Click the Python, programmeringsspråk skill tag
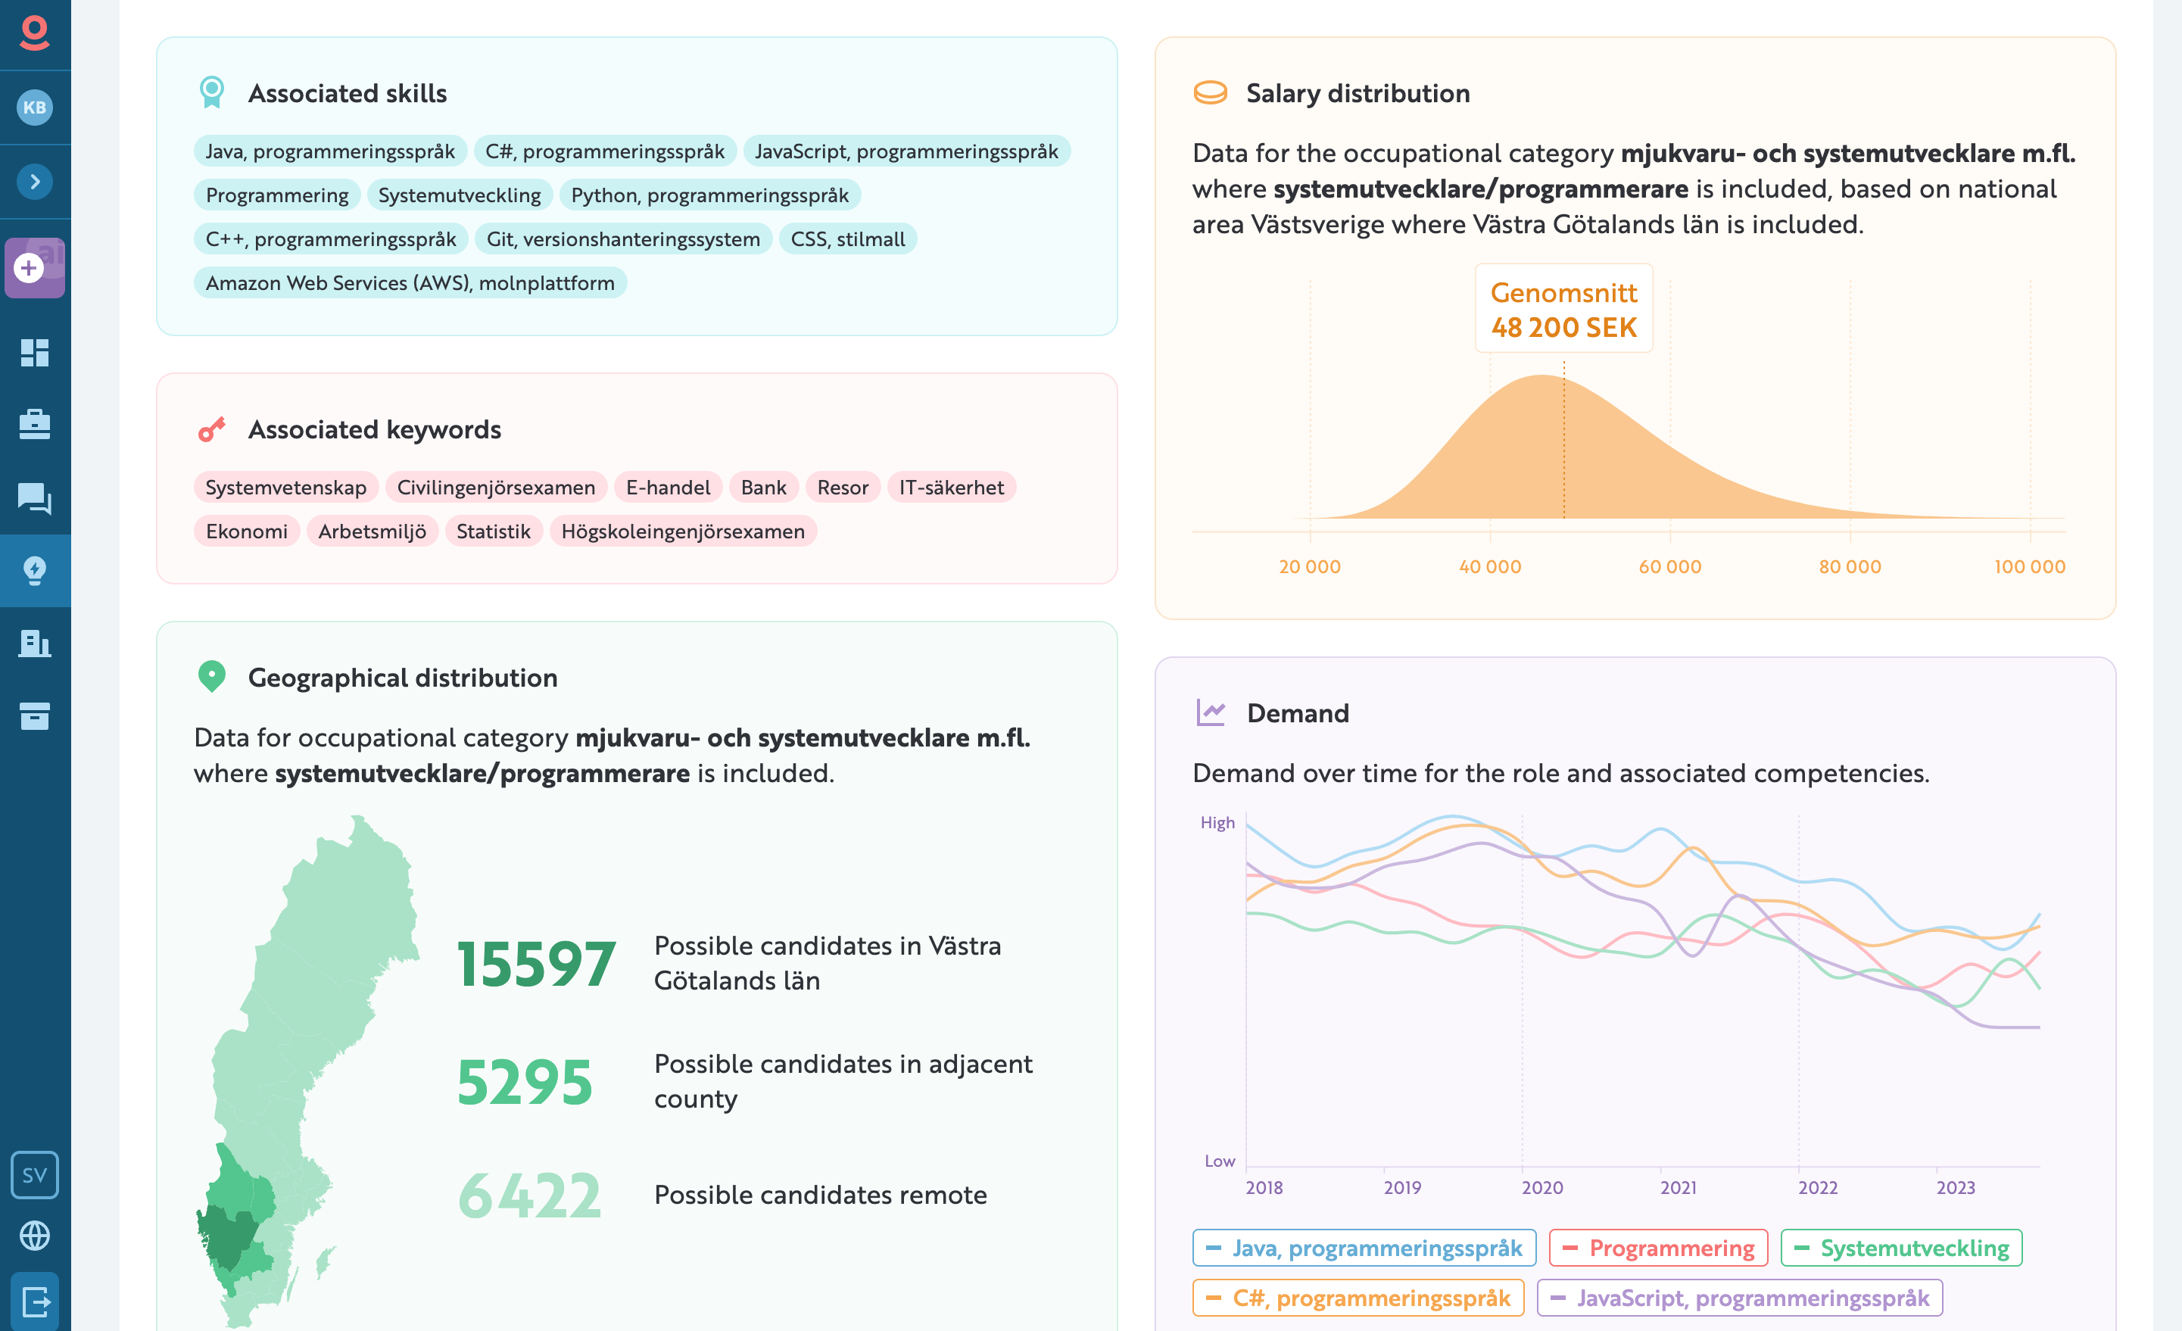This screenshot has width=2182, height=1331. tap(709, 195)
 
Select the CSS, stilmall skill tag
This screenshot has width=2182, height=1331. tap(847, 239)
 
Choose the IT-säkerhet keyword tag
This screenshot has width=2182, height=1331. tap(951, 487)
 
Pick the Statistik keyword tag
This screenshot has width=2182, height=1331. tap(493, 531)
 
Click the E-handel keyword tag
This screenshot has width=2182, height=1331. tap(668, 487)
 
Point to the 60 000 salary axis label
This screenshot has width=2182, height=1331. tap(1669, 567)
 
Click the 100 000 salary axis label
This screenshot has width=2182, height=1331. tap(2029, 567)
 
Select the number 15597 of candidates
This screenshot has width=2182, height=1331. tap(536, 965)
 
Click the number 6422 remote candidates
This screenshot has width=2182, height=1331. tap(529, 1196)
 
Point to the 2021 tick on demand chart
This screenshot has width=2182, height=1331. tap(1678, 1188)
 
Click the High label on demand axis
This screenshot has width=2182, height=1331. tap(1217, 823)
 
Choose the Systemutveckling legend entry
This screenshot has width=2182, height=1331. tap(1901, 1248)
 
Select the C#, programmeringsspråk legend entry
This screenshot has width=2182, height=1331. tap(1358, 1298)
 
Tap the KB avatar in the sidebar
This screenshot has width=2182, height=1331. tap(35, 108)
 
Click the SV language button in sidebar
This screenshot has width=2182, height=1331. tap(35, 1175)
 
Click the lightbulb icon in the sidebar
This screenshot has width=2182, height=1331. tap(35, 570)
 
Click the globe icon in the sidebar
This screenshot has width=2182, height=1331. tap(35, 1236)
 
